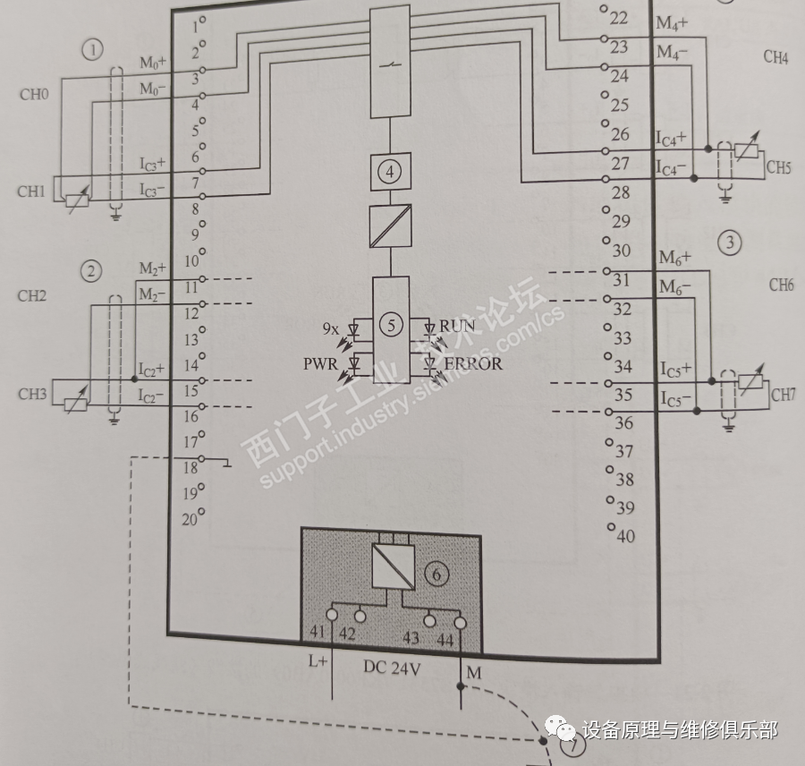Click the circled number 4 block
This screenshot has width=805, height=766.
(390, 173)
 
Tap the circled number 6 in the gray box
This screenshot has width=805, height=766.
(437, 574)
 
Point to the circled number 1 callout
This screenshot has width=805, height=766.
(92, 50)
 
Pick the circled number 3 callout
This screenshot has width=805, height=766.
(729, 242)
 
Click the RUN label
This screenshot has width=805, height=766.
(457, 327)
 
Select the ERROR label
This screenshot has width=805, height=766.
(472, 363)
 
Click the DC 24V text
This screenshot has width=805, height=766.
(393, 667)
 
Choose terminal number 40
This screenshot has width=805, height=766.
(624, 536)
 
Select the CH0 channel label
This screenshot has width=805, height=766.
(33, 94)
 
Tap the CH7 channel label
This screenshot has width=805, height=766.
(783, 395)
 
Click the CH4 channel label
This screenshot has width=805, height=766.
(775, 58)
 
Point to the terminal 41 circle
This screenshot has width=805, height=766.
(332, 616)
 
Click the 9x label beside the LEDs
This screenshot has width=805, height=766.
(330, 328)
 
